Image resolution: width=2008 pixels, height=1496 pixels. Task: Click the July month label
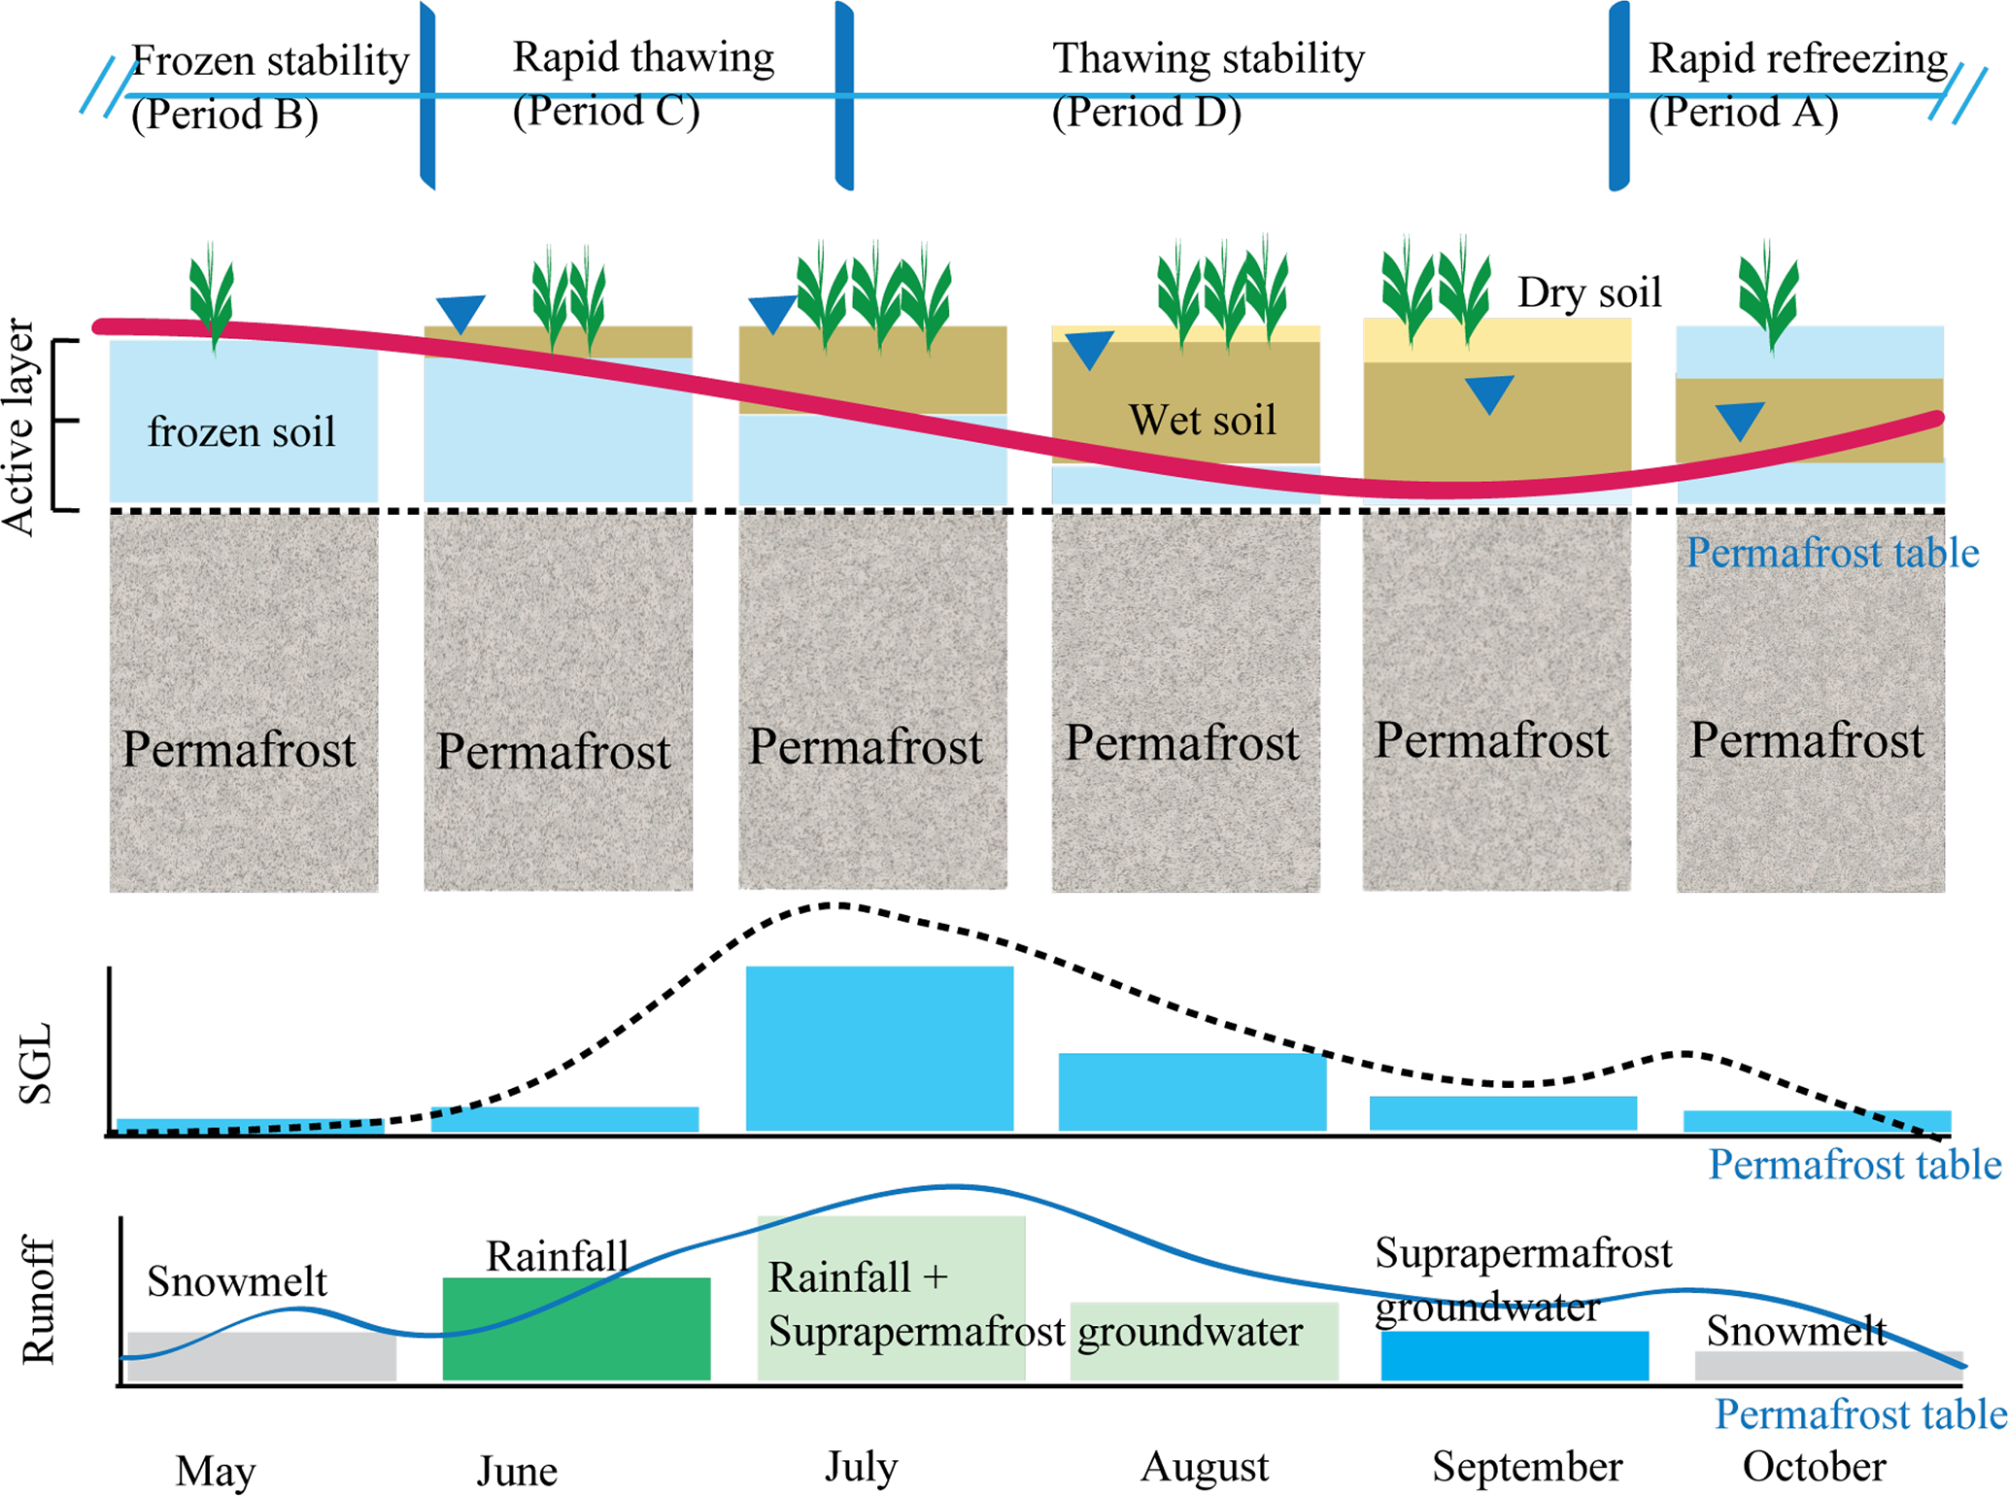[x=861, y=1466]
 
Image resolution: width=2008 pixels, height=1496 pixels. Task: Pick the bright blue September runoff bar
[x=1515, y=1356]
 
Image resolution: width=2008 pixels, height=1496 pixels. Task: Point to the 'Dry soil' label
[x=1589, y=292]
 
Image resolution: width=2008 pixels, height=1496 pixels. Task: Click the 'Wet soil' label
[x=1202, y=421]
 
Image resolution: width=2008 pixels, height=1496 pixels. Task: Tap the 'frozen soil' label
[x=241, y=431]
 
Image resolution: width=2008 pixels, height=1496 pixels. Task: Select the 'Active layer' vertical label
[x=19, y=426]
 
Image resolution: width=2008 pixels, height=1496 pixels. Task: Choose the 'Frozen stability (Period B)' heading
[x=269, y=87]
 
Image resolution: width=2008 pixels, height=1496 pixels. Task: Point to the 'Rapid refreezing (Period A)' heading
[x=1797, y=85]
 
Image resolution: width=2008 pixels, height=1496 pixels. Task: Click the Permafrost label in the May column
[x=239, y=750]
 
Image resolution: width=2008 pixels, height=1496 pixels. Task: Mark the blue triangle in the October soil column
[x=1739, y=421]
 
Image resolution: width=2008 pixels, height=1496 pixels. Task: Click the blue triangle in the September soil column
[x=1488, y=393]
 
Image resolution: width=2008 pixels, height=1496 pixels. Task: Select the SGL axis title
[x=37, y=1064]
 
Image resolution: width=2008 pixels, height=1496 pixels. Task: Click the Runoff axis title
[x=39, y=1300]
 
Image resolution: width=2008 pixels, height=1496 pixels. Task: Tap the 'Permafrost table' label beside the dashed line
[x=1832, y=553]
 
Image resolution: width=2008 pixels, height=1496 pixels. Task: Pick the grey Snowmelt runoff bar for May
[x=261, y=1356]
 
